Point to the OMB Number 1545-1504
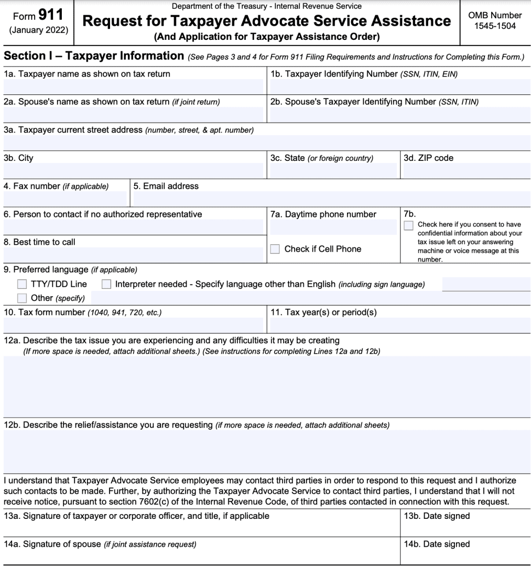point(495,20)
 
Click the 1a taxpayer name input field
point(133,87)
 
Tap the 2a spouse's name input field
point(133,115)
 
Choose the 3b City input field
point(133,171)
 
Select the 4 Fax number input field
point(65,199)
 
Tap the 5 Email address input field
point(331,199)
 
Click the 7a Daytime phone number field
point(333,227)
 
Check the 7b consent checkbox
point(409,225)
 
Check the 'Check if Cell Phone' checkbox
point(275,249)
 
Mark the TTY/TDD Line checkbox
point(21,284)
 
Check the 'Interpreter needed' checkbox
point(106,284)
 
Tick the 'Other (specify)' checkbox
point(21,298)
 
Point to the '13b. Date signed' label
point(437,516)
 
